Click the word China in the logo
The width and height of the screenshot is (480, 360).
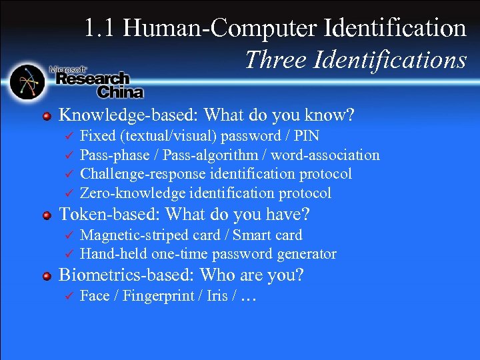tap(120, 91)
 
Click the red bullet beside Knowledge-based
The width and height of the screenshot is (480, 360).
tap(47, 116)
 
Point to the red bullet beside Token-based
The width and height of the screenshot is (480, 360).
tap(47, 215)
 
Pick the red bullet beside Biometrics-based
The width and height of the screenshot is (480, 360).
tap(47, 275)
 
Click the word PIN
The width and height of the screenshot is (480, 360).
tap(306, 137)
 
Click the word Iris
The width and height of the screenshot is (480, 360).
tap(217, 296)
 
